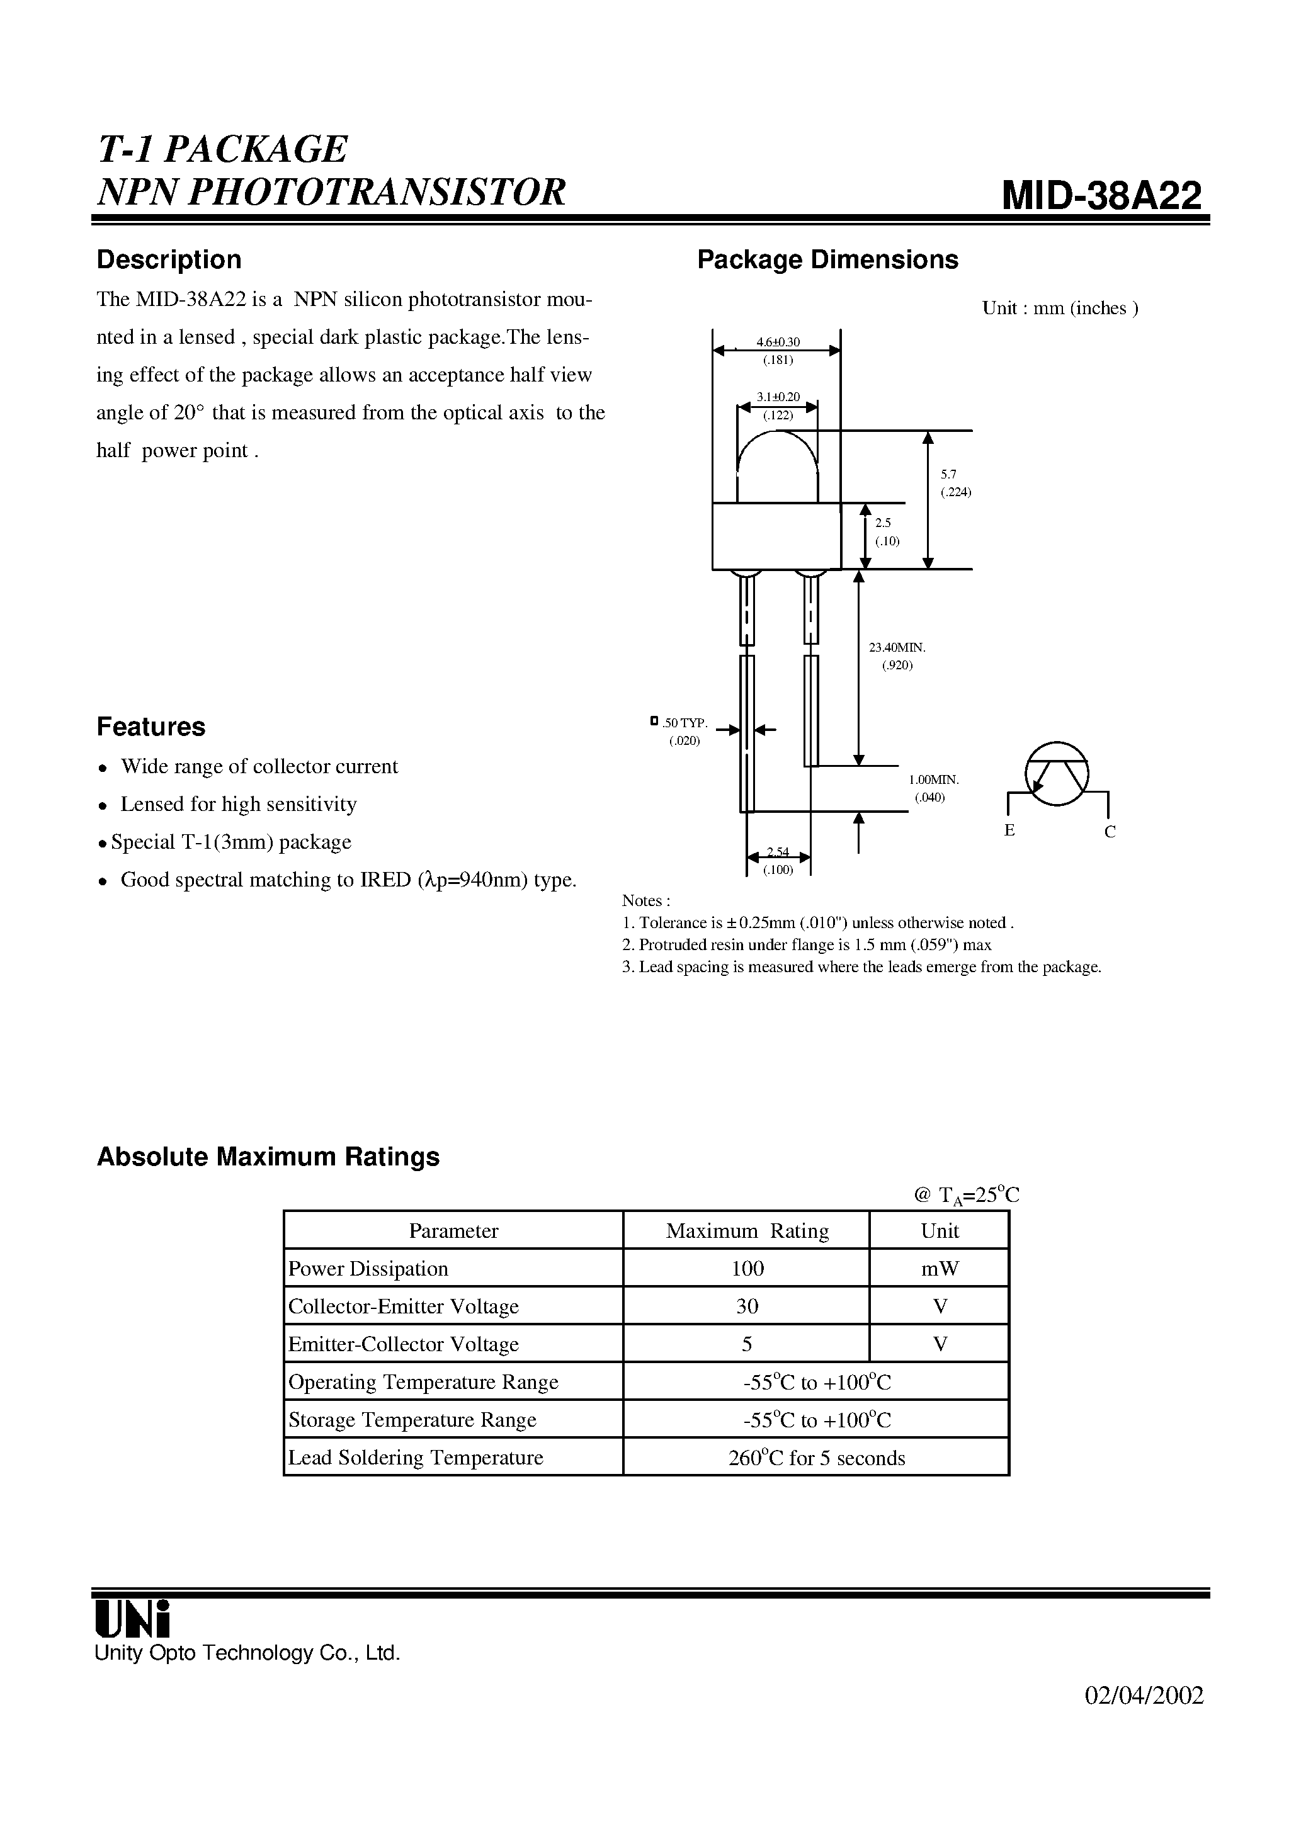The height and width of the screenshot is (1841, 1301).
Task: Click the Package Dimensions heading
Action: tap(827, 260)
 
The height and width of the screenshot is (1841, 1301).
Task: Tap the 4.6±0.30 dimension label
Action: tap(777, 343)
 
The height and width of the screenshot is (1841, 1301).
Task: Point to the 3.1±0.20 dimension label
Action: tap(777, 397)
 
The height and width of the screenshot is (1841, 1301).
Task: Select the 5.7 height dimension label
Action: tap(948, 475)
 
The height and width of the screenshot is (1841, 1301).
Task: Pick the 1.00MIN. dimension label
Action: tap(934, 779)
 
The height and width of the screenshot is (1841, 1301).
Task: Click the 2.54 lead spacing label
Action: tap(777, 851)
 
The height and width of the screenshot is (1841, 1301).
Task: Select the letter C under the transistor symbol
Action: tap(1110, 832)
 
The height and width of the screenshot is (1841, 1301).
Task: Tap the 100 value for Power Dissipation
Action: tap(747, 1269)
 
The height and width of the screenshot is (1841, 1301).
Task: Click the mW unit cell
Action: tap(940, 1269)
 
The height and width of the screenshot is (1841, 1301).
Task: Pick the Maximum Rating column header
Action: tap(747, 1231)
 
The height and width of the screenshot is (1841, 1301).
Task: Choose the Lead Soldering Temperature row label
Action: tap(416, 1458)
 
